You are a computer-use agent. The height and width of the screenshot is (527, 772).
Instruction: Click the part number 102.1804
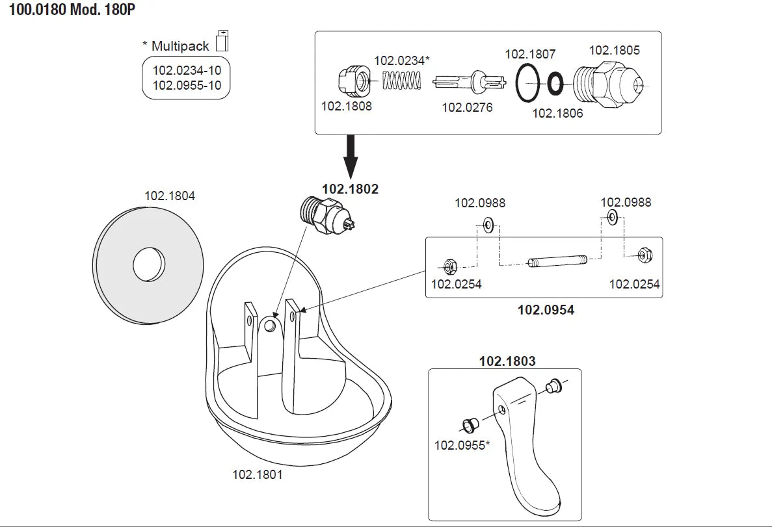tap(170, 195)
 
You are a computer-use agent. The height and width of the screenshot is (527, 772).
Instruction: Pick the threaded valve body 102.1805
tap(607, 83)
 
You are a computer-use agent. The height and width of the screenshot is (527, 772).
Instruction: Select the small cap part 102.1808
tap(352, 81)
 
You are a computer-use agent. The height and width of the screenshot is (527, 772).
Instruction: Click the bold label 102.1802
tap(350, 189)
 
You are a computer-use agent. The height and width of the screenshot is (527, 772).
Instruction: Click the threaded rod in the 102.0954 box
tap(558, 263)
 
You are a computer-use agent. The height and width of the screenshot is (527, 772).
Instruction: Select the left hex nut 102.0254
tap(449, 266)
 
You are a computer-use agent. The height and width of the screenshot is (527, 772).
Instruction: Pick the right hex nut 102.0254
tap(644, 255)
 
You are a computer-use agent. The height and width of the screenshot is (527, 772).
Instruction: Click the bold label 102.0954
tap(546, 310)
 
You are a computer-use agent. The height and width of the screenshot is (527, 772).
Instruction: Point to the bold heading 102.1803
tap(507, 361)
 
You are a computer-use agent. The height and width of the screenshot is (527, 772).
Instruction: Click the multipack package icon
tap(222, 40)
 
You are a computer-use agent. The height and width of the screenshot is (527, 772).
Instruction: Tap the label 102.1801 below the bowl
tap(258, 474)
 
